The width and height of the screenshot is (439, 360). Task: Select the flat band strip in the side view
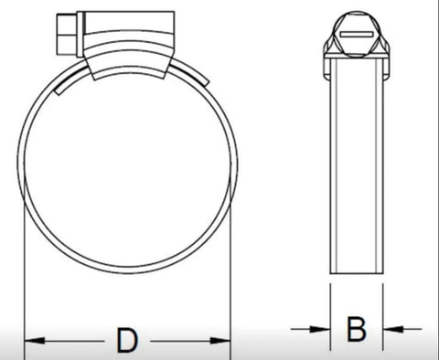[356, 164]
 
